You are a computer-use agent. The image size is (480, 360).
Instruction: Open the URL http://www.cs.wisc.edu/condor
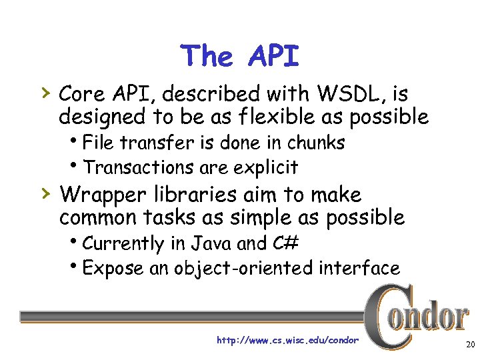pyautogui.click(x=287, y=341)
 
